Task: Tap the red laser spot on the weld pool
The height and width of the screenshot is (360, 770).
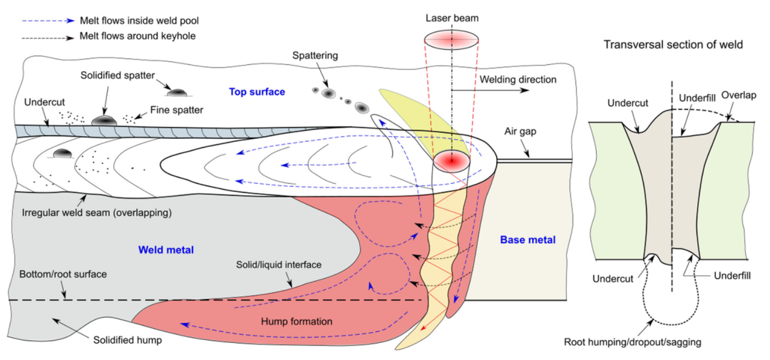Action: click(x=451, y=160)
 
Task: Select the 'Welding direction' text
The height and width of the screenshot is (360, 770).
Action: click(x=510, y=80)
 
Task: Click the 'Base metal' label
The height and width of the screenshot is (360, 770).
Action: click(x=528, y=240)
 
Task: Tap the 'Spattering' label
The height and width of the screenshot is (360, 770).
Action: click(x=321, y=56)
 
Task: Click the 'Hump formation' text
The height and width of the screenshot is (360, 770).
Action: click(x=302, y=322)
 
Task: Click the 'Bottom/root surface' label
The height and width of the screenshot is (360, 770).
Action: click(x=64, y=274)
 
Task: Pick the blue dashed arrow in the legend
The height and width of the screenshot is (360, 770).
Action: click(x=48, y=21)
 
